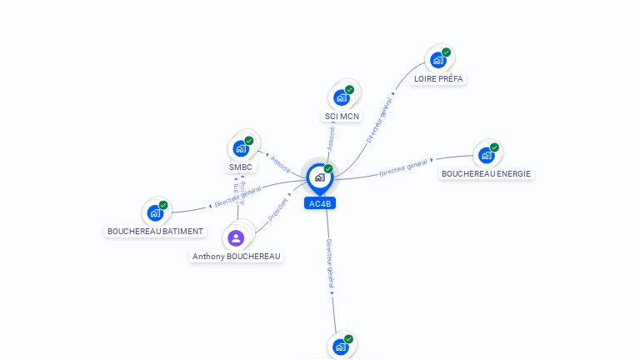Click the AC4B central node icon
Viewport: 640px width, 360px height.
(x=318, y=177)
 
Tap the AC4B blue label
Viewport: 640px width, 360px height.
(x=320, y=203)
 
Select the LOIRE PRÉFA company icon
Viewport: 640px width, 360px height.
(x=437, y=60)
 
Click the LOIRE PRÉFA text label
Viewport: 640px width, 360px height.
(x=439, y=79)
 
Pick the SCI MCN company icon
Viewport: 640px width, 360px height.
(x=341, y=97)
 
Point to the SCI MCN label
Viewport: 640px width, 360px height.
(x=342, y=117)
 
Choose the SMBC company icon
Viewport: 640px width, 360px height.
(x=241, y=148)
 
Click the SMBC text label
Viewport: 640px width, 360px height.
(x=241, y=167)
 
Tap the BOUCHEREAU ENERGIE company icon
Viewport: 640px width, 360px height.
(x=486, y=155)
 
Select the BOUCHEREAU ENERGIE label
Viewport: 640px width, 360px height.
(x=487, y=174)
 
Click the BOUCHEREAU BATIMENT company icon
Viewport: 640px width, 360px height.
(x=155, y=212)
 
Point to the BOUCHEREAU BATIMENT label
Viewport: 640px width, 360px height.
(x=156, y=232)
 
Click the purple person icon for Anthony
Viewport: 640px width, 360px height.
(x=236, y=238)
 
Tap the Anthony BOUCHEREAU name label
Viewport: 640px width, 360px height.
(x=237, y=257)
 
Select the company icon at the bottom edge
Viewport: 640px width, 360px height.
(x=340, y=346)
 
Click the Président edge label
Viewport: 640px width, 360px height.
(x=278, y=210)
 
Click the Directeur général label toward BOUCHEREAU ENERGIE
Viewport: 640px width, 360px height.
(x=404, y=167)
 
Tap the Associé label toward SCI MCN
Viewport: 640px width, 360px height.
(x=332, y=138)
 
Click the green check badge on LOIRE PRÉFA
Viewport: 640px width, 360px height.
(x=446, y=52)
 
